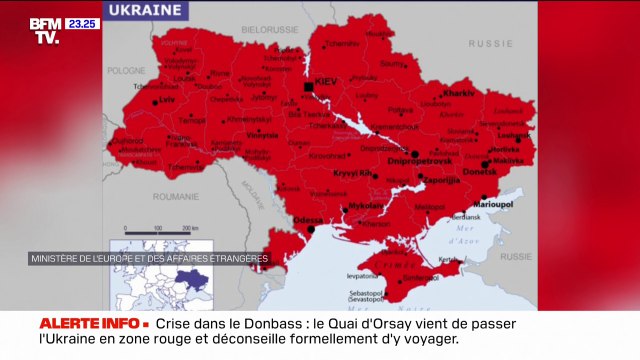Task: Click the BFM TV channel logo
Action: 45,30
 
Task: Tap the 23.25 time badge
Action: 84,23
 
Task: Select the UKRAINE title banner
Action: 146,10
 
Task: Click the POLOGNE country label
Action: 126,70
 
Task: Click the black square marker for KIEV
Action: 309,88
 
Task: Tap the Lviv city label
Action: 166,100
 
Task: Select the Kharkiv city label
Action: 458,92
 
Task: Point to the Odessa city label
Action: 306,219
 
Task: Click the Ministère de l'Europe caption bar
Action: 148,258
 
